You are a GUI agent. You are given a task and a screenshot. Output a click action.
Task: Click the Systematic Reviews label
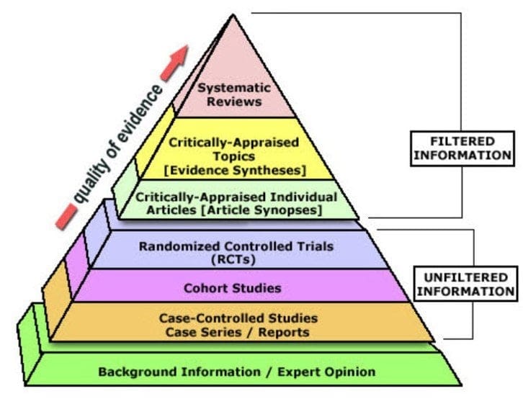[x=234, y=94]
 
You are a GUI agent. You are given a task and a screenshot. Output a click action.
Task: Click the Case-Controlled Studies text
[x=239, y=318]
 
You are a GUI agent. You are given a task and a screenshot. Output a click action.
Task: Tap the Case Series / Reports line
[x=239, y=331]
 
